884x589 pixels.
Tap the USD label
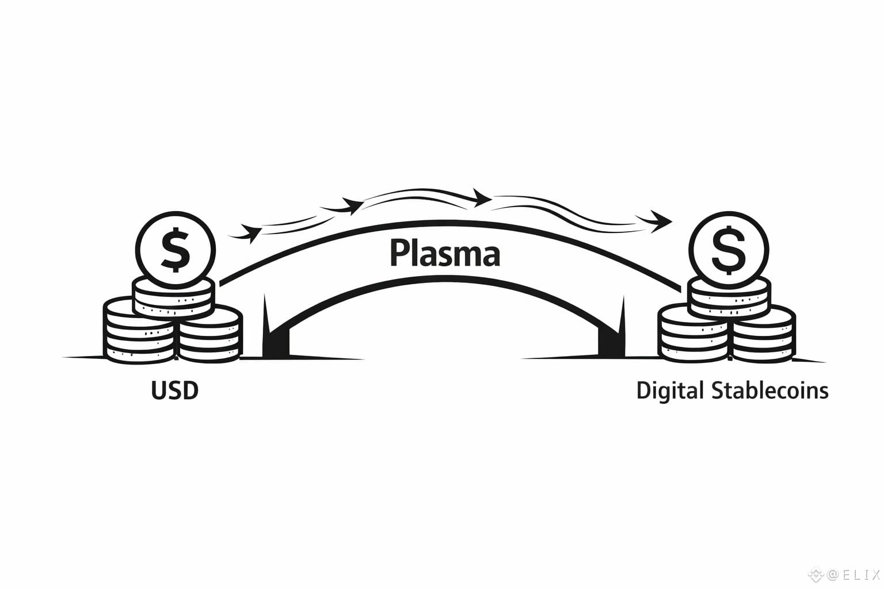[175, 391]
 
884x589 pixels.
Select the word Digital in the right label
[670, 391]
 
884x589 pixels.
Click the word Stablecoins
[770, 391]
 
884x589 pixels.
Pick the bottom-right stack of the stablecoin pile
[763, 336]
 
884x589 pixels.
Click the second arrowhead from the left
[351, 205]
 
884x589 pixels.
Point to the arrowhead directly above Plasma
[481, 198]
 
